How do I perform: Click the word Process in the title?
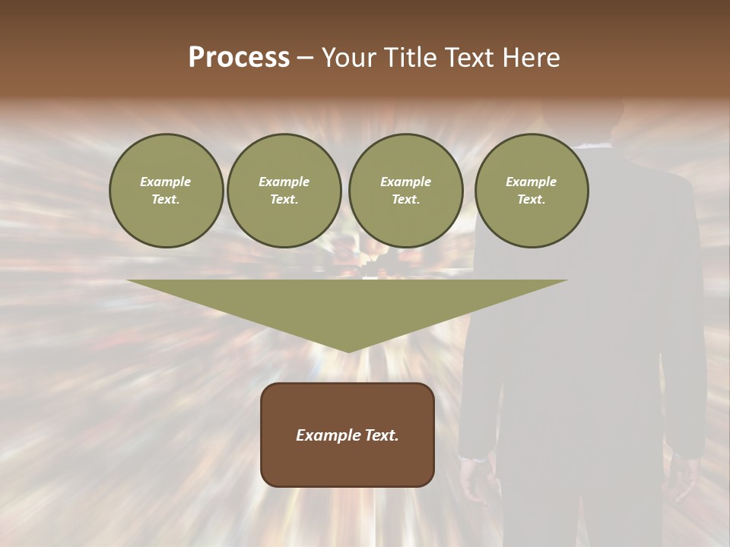coord(239,58)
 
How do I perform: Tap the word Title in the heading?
coord(412,58)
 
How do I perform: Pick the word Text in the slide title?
coord(471,58)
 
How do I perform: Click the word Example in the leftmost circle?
coord(166,182)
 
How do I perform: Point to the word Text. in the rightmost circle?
coord(531,200)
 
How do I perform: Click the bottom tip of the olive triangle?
coord(348,350)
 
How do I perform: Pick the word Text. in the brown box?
coord(381,435)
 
